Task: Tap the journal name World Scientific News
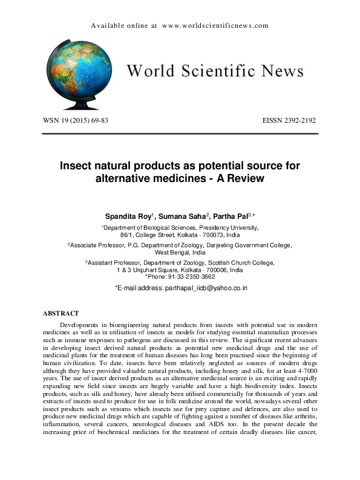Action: [214, 71]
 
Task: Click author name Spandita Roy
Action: [125, 215]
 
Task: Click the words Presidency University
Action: [224, 227]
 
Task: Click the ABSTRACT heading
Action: [61, 313]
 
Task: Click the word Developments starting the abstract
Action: [82, 325]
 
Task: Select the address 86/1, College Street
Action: [145, 234]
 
